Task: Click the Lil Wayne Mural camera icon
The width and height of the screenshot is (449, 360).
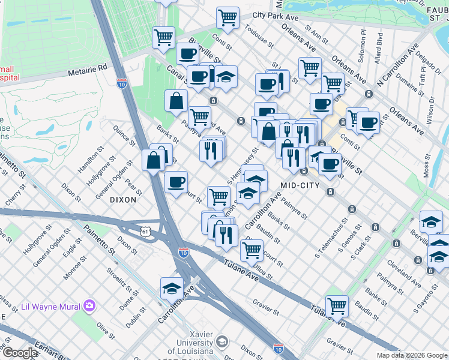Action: coord(89,306)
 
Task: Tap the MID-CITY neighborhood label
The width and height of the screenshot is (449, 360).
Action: coord(300,185)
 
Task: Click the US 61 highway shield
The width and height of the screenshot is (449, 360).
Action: coord(146,231)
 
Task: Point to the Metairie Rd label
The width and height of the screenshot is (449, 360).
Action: coord(86,68)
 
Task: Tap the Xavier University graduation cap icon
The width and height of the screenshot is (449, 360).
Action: coord(221,341)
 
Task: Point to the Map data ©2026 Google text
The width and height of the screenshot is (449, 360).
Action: coord(412,355)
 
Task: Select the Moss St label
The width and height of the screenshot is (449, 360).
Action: coord(427,166)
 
